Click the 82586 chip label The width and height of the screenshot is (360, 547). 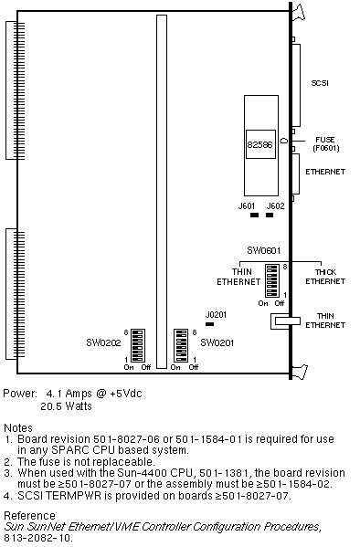[259, 144]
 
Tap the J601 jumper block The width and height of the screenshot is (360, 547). [255, 216]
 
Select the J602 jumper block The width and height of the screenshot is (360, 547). [270, 216]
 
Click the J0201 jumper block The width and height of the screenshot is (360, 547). [209, 324]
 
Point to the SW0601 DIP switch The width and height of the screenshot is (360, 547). [272, 280]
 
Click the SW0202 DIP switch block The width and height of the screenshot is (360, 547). [138, 345]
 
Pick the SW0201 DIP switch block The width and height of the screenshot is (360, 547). [181, 345]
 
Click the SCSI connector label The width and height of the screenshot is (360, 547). [320, 83]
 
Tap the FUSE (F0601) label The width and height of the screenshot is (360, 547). [326, 143]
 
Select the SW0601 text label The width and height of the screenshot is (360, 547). [264, 250]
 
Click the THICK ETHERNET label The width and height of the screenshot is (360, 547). [325, 277]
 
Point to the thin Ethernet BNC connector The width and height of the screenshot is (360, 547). [286, 321]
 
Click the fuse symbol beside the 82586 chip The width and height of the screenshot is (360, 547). [284, 141]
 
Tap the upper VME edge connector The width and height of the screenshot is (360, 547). [15, 90]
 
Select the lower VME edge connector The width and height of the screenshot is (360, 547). [15, 294]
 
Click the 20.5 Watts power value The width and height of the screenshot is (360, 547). [66, 406]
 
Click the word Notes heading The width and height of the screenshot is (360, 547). [17, 428]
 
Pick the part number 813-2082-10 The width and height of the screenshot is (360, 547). [38, 538]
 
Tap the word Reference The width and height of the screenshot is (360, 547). [29, 516]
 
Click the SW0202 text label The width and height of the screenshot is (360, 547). [103, 343]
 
